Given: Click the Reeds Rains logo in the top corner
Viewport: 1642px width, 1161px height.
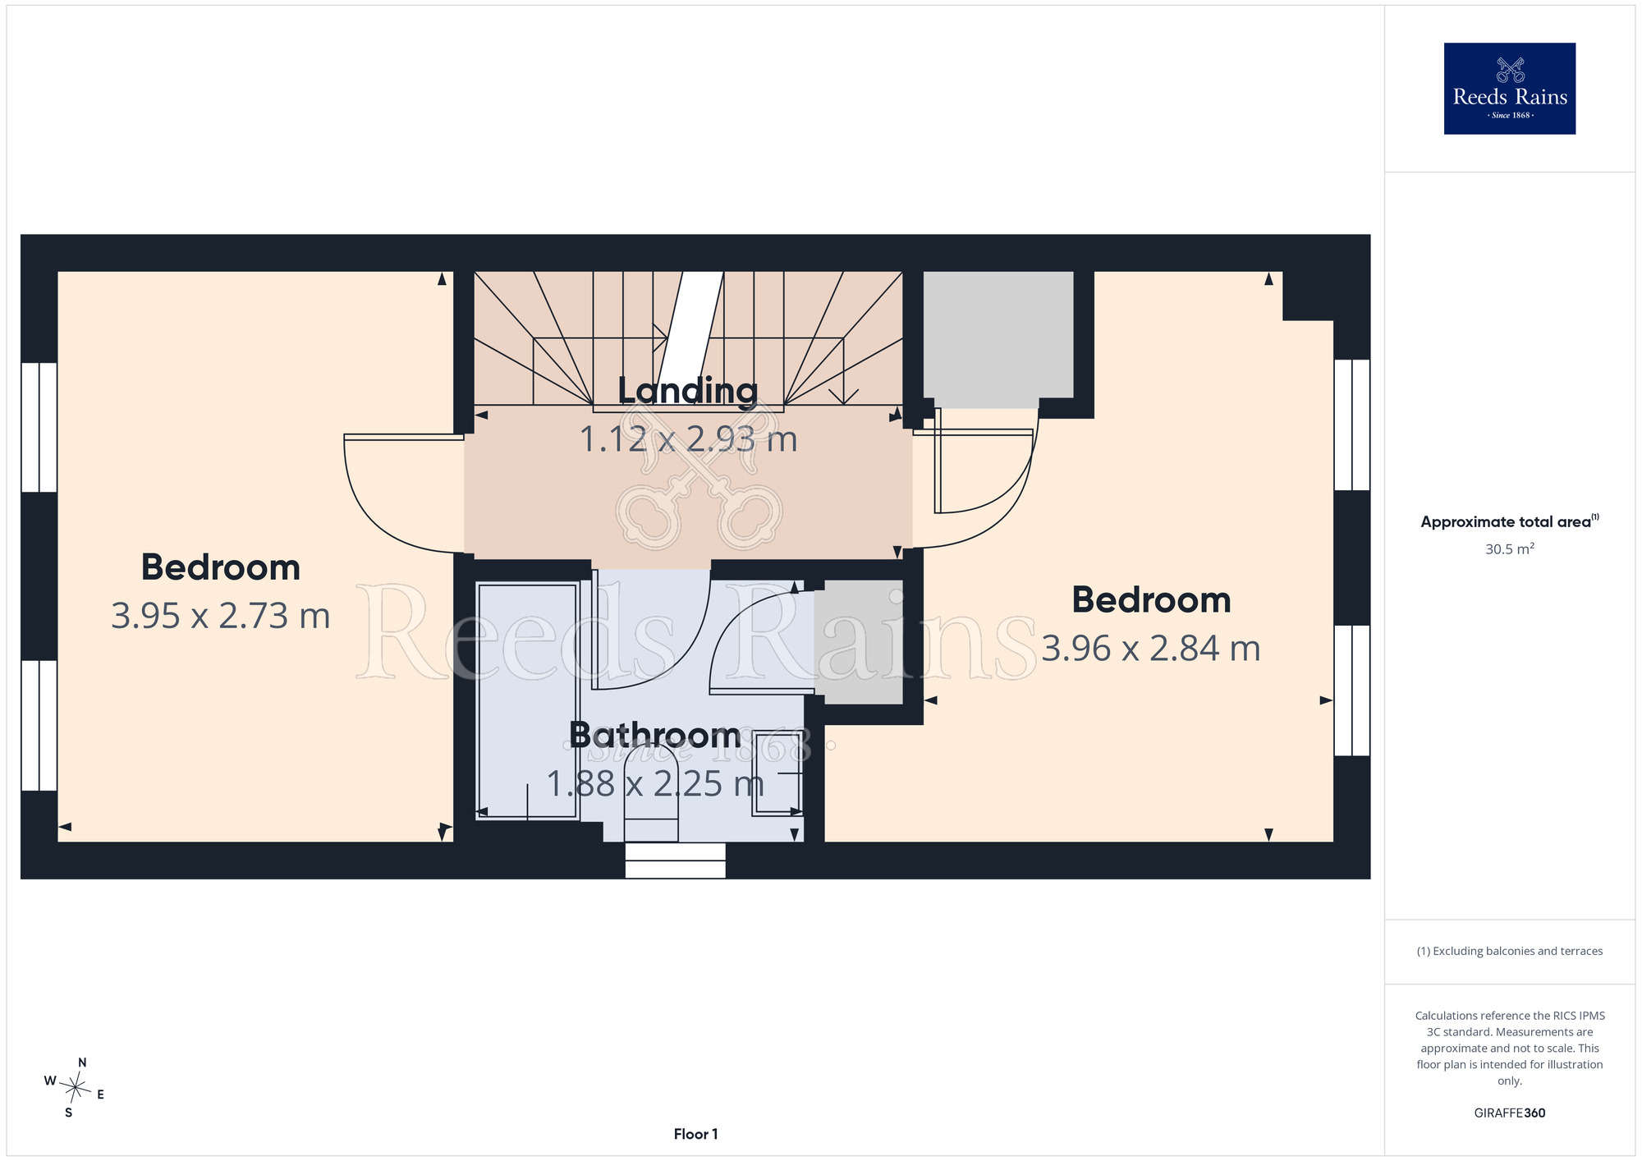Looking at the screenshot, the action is point(1509,89).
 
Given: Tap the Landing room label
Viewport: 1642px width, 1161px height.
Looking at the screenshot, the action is point(688,392).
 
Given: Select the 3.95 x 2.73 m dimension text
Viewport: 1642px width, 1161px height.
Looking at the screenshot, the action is point(221,616).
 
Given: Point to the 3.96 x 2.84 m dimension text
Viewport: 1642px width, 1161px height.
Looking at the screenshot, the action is point(1151,649).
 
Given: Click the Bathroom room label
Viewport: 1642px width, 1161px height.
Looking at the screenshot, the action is point(655,735).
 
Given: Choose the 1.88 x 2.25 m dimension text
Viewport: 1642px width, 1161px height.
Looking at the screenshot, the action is point(655,784).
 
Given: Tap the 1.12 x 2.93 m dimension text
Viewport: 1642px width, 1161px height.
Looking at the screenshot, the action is point(688,439).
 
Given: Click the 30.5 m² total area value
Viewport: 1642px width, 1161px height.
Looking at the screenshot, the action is point(1509,548).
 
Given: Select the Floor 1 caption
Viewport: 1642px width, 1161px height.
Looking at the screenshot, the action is point(695,1134).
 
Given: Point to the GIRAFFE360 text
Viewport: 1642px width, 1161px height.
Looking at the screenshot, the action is point(1509,1113).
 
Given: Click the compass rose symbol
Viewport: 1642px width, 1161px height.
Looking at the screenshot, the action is point(75,1089).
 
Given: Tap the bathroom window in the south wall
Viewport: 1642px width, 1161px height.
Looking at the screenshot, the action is point(675,860).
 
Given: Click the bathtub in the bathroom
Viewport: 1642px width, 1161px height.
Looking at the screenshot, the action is point(528,700).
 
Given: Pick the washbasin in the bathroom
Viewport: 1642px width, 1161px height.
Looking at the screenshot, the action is point(777,772).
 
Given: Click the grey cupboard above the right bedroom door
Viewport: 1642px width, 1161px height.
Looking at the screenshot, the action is point(998,339).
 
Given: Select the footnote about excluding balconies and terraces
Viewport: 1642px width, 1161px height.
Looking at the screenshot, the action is point(1509,951).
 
